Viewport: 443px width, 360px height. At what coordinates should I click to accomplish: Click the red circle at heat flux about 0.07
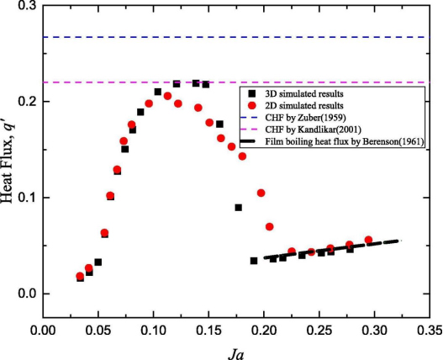270,227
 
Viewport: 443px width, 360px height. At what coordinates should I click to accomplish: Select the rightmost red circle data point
368,241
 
